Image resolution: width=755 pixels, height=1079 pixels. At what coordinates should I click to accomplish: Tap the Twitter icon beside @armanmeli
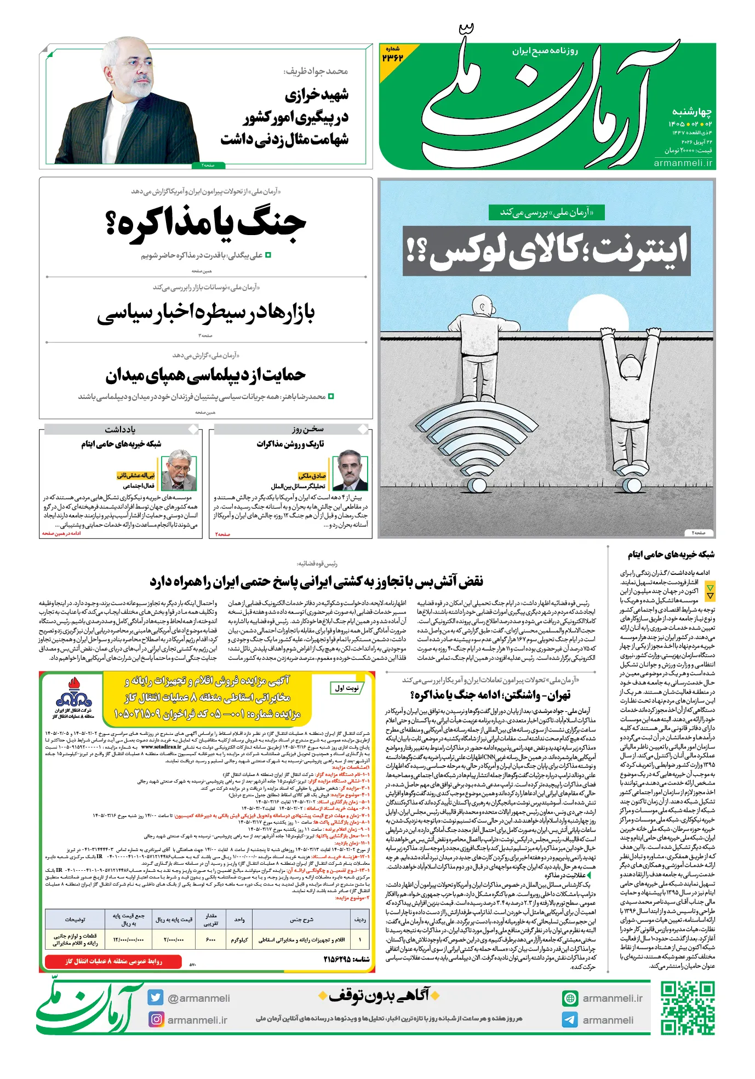tap(156, 997)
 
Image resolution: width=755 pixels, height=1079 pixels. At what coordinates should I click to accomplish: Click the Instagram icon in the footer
tap(156, 1019)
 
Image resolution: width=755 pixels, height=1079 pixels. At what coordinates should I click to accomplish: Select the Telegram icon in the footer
tap(570, 1020)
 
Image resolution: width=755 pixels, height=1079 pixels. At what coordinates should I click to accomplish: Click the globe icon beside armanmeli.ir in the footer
tap(570, 998)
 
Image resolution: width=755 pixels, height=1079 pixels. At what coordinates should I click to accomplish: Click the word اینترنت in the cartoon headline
tap(641, 251)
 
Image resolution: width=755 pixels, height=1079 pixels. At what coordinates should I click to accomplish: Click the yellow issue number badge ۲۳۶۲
tap(393, 55)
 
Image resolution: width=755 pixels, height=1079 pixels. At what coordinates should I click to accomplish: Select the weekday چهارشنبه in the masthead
tap(691, 112)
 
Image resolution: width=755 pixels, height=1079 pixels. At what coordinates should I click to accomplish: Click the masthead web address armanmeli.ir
tap(683, 163)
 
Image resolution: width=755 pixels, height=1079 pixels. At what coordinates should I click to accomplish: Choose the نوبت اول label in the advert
tap(346, 688)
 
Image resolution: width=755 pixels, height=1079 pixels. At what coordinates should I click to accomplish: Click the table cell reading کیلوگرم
tap(239, 940)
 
